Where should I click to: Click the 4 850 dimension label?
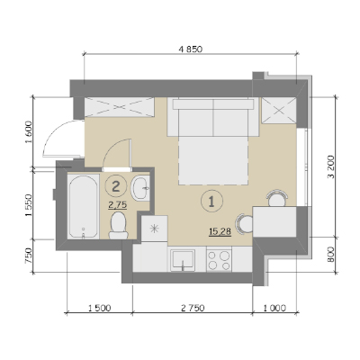coord(191,49)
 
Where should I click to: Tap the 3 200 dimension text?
coord(331,166)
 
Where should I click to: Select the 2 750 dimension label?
coord(193,308)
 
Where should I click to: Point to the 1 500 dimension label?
coord(99,308)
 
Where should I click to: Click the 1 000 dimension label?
coord(274,308)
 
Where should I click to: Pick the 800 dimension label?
coord(331,255)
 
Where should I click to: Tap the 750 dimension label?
coord(28,256)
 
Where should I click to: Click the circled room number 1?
coord(211,202)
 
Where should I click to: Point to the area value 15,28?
coord(220,231)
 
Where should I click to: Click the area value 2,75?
coord(118,205)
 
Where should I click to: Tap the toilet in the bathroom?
coord(118,225)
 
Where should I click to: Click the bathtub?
coord(84,207)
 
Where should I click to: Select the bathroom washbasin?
coord(140,188)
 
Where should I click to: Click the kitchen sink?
coord(183,259)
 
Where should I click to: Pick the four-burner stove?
coord(219,260)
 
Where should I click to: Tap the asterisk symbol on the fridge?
coord(154,229)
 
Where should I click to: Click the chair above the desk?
coord(277,198)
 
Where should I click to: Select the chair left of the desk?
coord(245,224)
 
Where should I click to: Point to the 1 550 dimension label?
coord(28,205)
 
